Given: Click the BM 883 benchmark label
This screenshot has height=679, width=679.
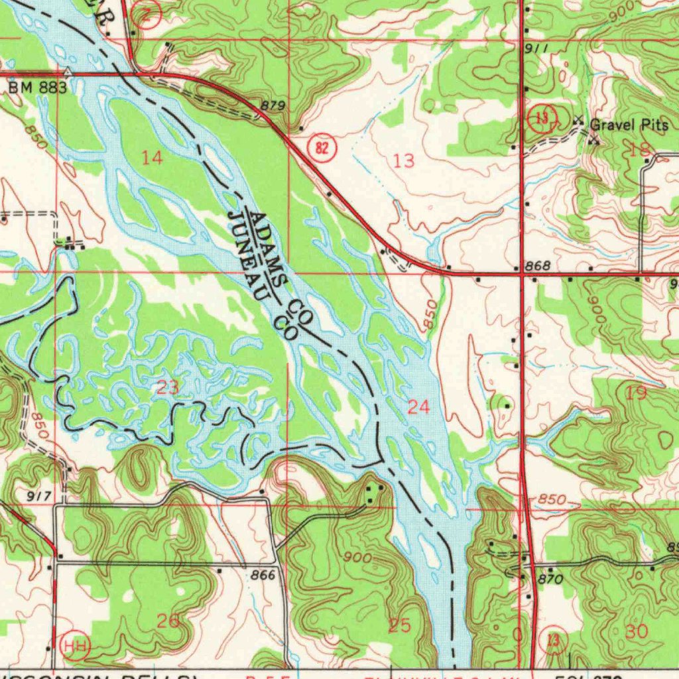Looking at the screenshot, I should (37, 88).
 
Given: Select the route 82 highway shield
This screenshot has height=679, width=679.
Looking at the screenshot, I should (322, 147).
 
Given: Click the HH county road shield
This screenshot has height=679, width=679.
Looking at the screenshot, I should (75, 645).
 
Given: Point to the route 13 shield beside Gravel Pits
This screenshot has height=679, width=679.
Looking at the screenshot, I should (542, 118).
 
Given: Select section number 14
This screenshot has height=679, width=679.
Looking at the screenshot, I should (152, 157).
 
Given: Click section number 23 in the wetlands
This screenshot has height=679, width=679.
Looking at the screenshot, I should (167, 387).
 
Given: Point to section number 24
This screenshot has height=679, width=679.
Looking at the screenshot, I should (418, 407).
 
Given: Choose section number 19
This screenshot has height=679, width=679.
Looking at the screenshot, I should (635, 393).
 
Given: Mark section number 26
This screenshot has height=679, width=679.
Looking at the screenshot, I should (168, 621).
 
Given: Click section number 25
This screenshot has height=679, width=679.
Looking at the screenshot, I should (399, 625).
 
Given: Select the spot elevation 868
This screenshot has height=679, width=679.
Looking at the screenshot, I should (537, 266).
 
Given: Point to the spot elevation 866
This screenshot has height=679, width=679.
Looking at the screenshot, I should (263, 576).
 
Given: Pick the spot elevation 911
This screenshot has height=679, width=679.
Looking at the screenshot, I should (536, 48).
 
